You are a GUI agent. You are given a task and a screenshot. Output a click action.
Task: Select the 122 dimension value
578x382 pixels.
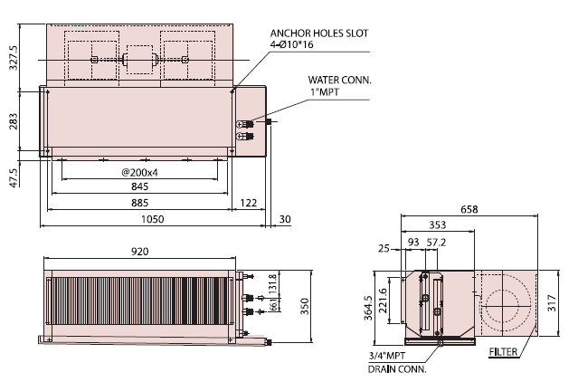(247, 202)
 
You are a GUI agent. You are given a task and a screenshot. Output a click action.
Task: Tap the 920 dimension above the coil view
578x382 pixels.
(140, 251)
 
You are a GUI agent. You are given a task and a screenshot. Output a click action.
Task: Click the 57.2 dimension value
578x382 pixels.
(437, 242)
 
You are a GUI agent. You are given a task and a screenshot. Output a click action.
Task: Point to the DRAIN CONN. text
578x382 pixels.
(396, 368)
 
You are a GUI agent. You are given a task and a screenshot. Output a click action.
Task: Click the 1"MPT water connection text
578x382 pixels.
(323, 91)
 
